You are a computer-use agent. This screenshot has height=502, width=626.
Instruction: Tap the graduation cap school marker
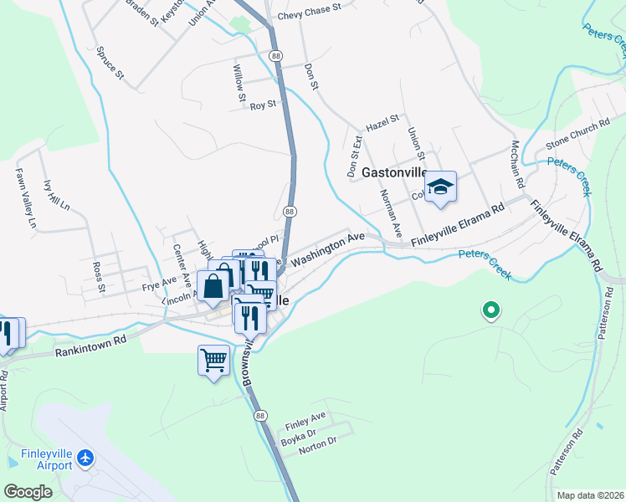pos(440,187)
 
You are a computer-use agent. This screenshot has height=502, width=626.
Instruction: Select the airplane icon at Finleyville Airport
pos(84,458)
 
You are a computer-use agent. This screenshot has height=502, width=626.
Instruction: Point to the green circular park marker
pos(491,312)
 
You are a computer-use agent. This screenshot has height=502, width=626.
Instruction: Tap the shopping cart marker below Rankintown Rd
pos(213,361)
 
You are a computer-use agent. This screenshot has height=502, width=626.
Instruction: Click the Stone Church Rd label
pos(577,138)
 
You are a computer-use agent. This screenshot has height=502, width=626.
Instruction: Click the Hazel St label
pos(383,123)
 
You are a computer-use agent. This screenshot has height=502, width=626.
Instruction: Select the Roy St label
pos(263,105)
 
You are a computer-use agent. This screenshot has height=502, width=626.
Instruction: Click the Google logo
pos(28,492)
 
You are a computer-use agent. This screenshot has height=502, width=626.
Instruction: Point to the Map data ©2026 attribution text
pos(590,495)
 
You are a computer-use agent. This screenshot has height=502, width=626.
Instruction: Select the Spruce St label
pos(111,63)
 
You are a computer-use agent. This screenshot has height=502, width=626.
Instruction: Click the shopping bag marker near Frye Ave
pos(214,285)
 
